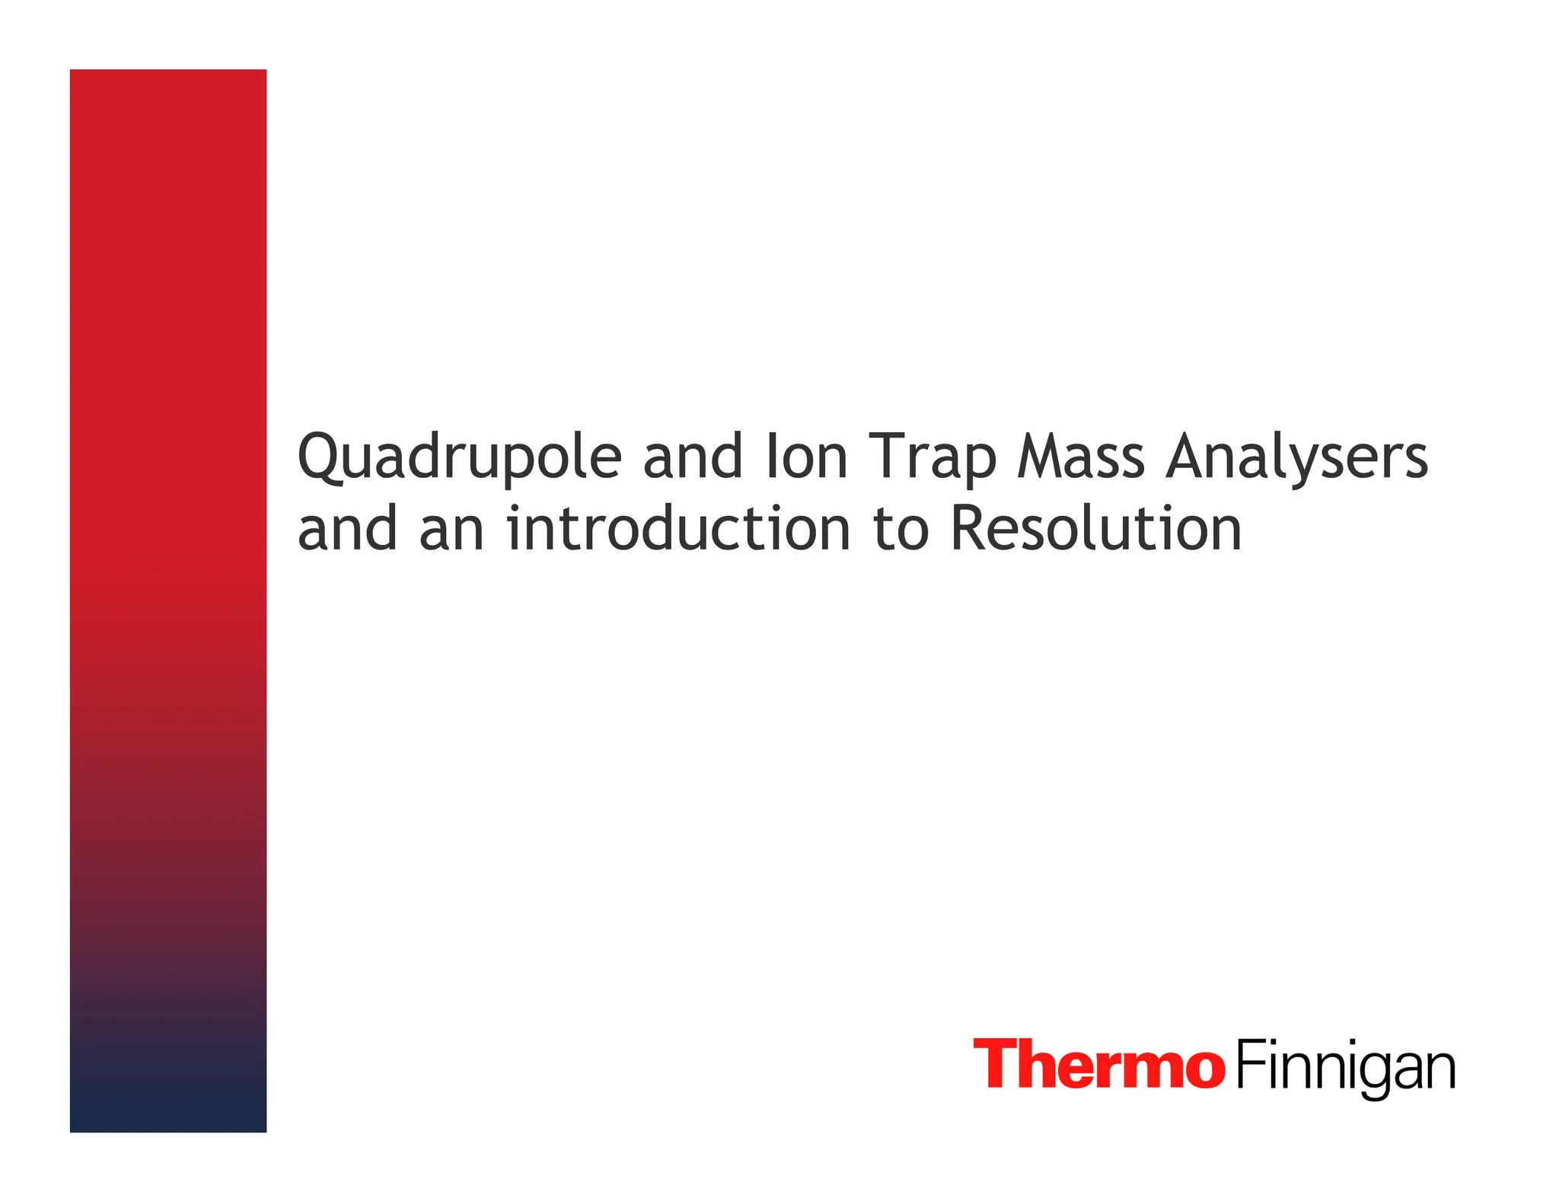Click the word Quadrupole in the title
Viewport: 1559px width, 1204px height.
click(x=460, y=457)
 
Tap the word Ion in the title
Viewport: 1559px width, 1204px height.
click(x=806, y=457)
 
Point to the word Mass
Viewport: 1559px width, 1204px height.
click(x=1081, y=457)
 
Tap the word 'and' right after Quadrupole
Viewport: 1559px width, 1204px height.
click(x=692, y=457)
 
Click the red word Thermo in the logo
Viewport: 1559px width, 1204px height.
click(x=1098, y=1064)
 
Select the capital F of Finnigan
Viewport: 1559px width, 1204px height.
click(x=1248, y=1064)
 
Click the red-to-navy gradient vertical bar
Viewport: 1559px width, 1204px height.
click(x=168, y=600)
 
